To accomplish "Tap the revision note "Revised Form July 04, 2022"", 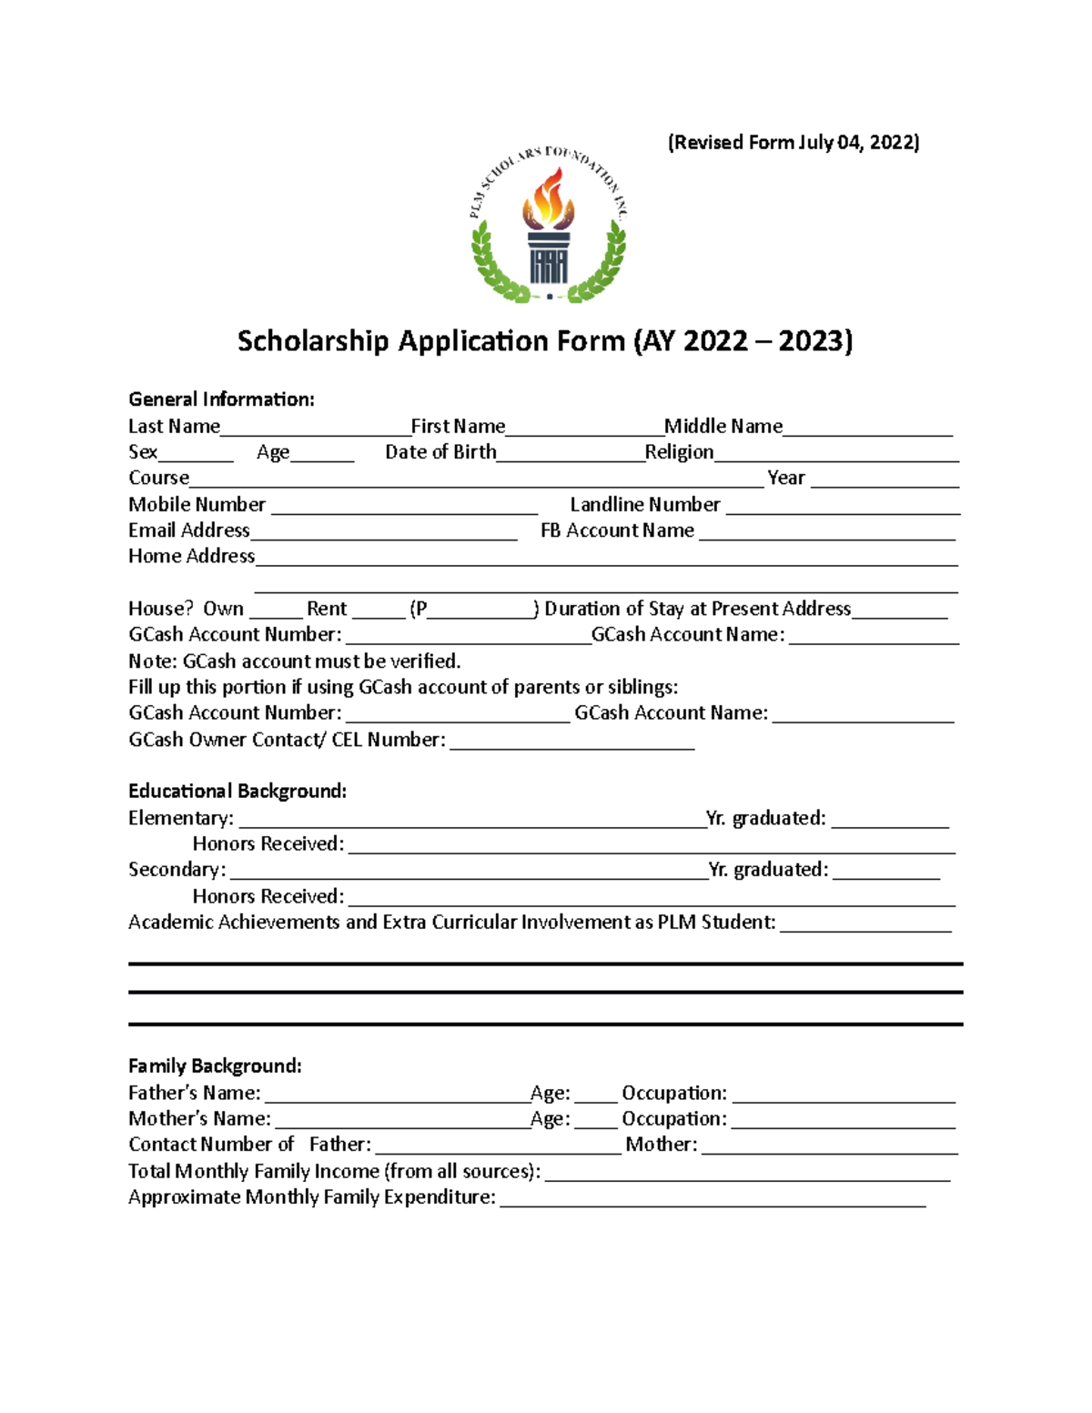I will click(x=794, y=142).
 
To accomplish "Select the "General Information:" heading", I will click(x=221, y=399).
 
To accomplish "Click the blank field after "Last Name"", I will click(x=315, y=428).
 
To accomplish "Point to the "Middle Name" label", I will click(x=723, y=426).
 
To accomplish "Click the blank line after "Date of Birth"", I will click(x=571, y=453).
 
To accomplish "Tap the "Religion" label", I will click(x=679, y=452).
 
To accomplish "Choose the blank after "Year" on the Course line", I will click(x=885, y=479).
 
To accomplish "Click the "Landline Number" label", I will click(x=644, y=504).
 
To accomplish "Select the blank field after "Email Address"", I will click(x=383, y=531).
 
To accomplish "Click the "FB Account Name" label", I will click(x=617, y=530).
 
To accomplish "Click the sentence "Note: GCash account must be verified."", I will click(x=294, y=661).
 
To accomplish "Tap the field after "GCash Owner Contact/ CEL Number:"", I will click(x=572, y=741).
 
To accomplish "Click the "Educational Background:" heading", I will click(x=237, y=791).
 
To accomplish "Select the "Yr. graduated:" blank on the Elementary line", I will click(x=889, y=820).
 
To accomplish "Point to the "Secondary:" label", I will click(x=177, y=870).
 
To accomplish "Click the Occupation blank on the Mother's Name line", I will click(x=843, y=1120).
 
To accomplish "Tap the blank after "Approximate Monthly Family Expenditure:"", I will click(x=713, y=1198).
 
